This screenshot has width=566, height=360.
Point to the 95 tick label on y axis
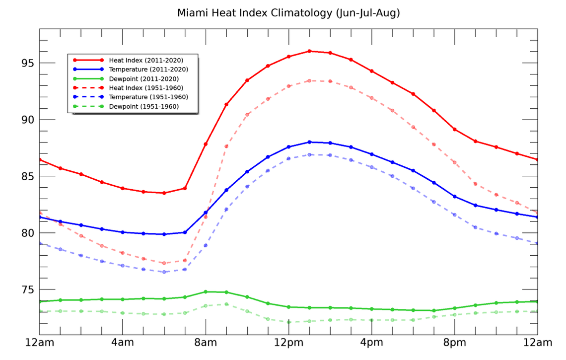point(26,63)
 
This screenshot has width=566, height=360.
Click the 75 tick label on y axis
point(26,289)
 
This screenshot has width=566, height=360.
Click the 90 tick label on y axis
point(26,120)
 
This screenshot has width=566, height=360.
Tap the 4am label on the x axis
point(123,343)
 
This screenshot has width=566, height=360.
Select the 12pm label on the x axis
point(288,343)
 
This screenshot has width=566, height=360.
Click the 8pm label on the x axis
point(455,343)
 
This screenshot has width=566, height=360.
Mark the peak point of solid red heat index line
point(309,51)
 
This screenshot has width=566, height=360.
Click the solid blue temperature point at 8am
point(206,213)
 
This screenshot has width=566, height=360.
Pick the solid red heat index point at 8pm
point(455,130)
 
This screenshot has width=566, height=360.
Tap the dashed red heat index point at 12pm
point(288,86)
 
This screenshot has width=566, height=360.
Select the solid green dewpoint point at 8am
point(206,292)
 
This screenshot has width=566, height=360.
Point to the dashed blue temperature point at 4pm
point(372,167)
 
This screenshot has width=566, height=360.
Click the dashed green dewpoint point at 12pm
point(288,322)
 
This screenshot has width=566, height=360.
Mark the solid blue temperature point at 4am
point(123,232)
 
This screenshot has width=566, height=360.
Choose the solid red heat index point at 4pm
point(372,71)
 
